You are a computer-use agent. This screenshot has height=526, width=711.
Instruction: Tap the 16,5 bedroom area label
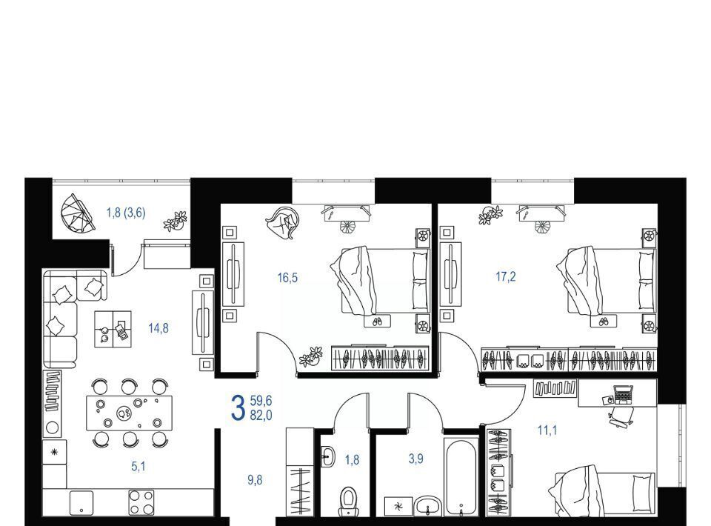point(287,278)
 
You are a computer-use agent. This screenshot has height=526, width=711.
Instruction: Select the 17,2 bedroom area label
point(506,276)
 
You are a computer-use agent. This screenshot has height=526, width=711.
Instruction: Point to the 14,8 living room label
point(158,328)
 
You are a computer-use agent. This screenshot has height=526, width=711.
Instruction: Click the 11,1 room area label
point(547,430)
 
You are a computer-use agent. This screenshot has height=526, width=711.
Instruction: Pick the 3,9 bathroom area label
point(415,459)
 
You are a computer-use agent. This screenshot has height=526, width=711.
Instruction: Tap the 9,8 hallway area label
point(255,480)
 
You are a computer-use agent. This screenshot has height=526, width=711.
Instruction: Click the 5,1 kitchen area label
point(138,466)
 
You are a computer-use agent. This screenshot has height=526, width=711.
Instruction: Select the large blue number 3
point(238,407)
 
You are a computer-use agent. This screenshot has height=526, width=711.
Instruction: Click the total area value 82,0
point(261,415)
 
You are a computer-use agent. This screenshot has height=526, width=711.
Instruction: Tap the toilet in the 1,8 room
point(348,502)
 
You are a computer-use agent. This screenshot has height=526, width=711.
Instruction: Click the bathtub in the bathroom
point(461,477)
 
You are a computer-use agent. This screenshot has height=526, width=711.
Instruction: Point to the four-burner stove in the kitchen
point(141,502)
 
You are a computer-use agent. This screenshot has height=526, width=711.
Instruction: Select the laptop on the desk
point(623,394)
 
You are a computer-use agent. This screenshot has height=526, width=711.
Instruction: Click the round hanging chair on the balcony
point(77,213)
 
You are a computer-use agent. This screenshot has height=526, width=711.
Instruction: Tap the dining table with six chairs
point(129,413)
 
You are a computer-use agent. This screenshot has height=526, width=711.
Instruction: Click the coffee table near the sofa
point(113,329)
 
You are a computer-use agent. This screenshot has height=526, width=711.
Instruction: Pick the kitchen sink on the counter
point(81,503)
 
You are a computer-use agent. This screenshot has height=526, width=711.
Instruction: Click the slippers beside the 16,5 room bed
point(377,322)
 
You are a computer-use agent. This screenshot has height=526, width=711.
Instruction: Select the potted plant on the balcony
point(176,220)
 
